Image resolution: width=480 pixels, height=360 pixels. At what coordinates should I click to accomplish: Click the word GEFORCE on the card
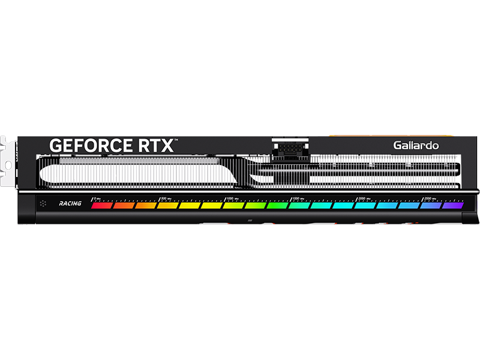coord(90,145)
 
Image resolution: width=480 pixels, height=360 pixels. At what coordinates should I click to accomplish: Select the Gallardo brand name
coord(416,145)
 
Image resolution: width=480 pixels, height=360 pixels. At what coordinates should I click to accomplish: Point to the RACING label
coord(70,204)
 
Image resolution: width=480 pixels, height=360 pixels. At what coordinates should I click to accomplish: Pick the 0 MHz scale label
coord(97,198)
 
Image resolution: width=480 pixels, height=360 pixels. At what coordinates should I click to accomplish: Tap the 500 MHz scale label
coord(166,198)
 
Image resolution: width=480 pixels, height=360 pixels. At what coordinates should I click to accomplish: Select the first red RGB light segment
coord(101,205)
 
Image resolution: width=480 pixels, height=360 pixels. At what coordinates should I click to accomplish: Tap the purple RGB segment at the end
coord(453,205)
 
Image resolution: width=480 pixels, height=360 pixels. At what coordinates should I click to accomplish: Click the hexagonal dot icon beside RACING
coord(43,204)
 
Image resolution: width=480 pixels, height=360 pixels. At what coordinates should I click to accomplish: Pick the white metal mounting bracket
coord(9,159)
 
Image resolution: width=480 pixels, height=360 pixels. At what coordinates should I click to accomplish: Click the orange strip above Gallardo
coord(348,136)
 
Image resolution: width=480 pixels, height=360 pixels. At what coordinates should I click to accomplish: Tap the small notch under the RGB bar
coord(248,221)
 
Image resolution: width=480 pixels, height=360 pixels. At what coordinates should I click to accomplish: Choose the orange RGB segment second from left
coord(124,205)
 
